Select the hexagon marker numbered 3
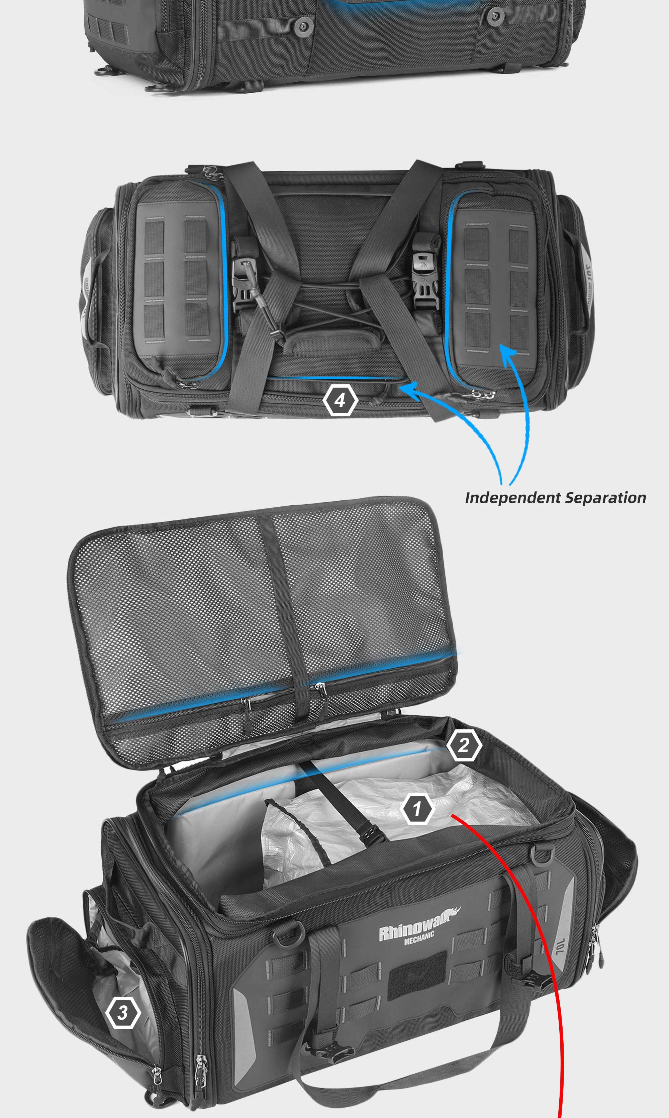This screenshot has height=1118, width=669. [x=123, y=1013]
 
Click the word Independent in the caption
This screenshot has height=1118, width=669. [x=512, y=498]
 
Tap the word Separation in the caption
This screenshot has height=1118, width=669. [x=605, y=498]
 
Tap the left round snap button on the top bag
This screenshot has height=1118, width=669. [x=303, y=26]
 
